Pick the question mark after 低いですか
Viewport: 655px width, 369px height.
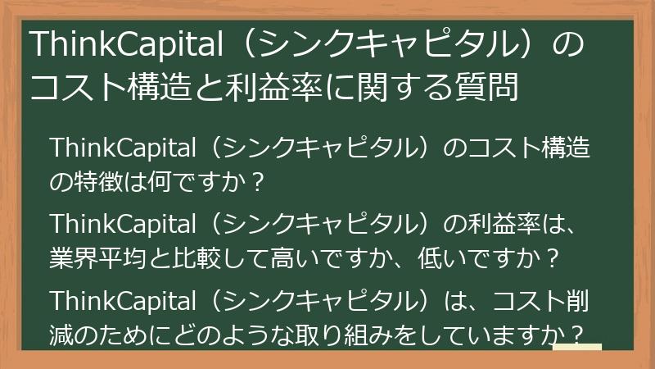pos(551,257)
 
